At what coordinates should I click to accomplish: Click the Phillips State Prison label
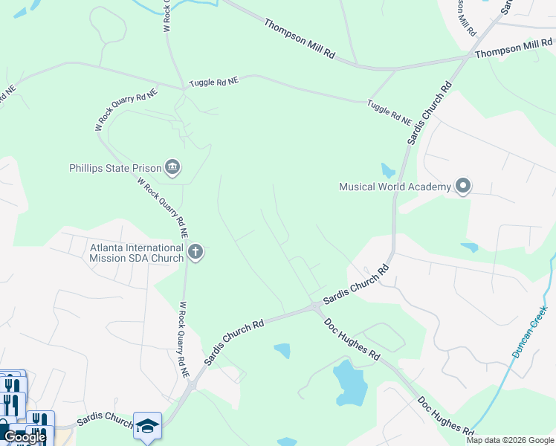coord(115,168)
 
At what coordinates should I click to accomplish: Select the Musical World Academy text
coord(395,187)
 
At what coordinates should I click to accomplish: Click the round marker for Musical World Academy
coord(464,186)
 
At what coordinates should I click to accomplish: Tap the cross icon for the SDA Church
coord(195,253)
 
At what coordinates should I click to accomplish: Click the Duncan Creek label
coord(529,331)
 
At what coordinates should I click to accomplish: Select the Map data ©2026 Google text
coord(509,440)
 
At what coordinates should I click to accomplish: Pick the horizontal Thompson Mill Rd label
coord(514,49)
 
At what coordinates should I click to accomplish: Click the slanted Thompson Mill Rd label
coord(300,39)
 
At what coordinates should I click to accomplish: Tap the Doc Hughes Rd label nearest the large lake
coord(352,340)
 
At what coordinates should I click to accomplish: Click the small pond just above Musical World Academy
coord(388,170)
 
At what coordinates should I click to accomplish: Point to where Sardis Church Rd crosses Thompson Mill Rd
coord(467,56)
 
